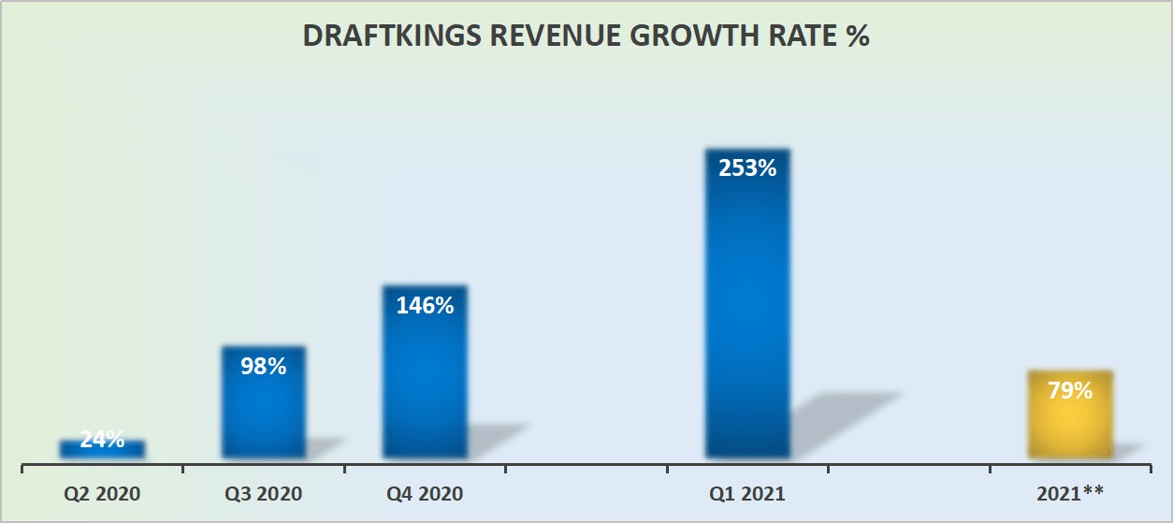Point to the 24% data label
[x=102, y=439]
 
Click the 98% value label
[x=263, y=366]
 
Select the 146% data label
[x=425, y=305]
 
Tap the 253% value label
[x=747, y=168]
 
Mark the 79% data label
[x=1070, y=390]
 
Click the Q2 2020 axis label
[x=102, y=493]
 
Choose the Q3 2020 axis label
[x=263, y=493]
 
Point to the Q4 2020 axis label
[x=425, y=493]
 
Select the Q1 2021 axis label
[x=747, y=493]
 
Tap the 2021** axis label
[x=1070, y=493]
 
